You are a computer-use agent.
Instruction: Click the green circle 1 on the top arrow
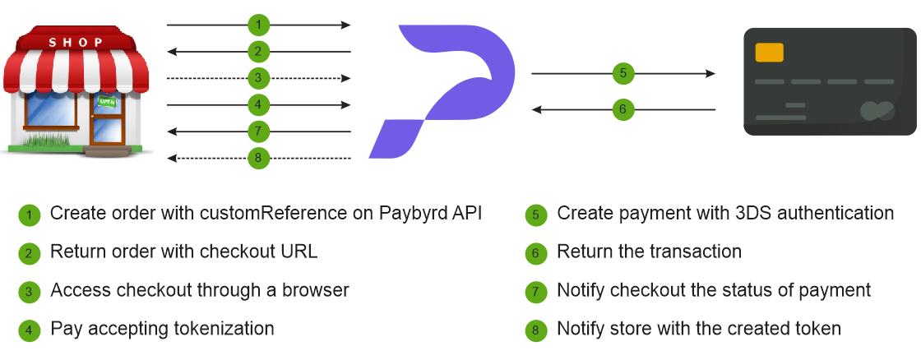click(258, 25)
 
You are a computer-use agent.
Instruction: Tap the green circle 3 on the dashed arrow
click(258, 78)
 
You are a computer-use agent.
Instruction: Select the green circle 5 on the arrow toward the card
click(623, 73)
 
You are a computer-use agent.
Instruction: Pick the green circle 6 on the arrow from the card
click(623, 109)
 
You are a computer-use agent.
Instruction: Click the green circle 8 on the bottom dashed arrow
click(258, 158)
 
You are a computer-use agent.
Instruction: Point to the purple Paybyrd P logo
click(442, 91)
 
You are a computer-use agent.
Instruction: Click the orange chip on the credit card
click(769, 53)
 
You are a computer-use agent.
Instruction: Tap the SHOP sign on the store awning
click(76, 42)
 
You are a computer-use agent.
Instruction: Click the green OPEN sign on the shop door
click(107, 102)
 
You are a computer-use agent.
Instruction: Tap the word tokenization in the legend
click(224, 328)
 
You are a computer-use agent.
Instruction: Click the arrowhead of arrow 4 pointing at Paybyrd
click(346, 105)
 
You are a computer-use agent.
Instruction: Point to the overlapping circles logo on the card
click(877, 110)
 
